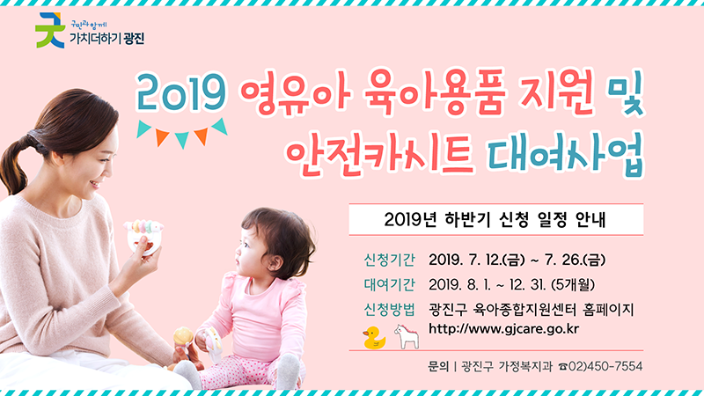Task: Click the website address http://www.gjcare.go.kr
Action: click(x=502, y=330)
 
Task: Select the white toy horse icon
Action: click(x=404, y=336)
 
